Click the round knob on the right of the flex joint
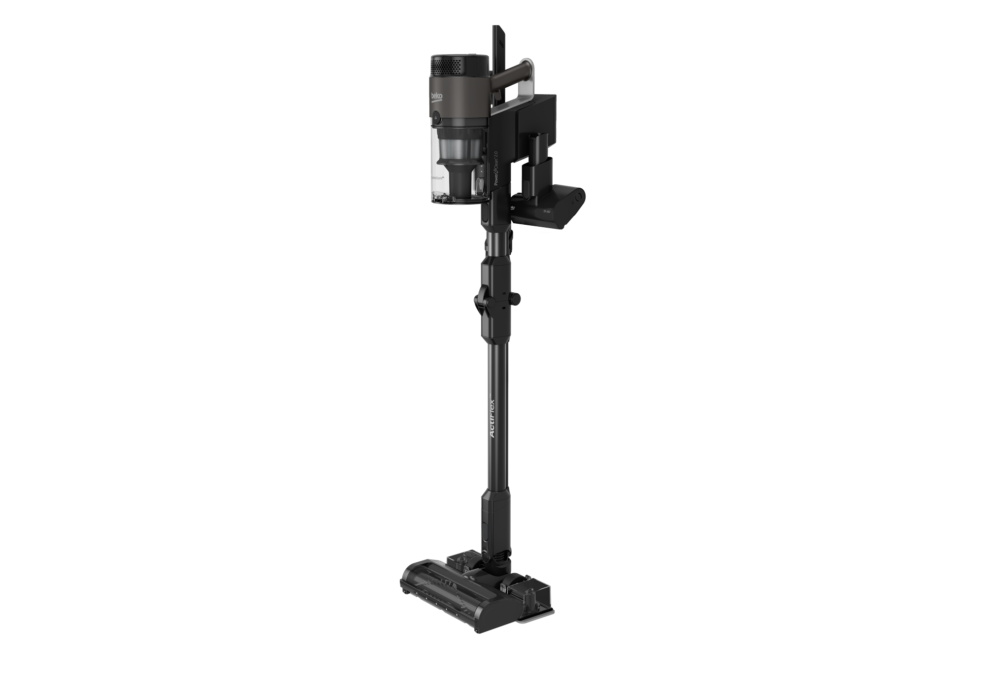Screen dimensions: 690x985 [x=516, y=298]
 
